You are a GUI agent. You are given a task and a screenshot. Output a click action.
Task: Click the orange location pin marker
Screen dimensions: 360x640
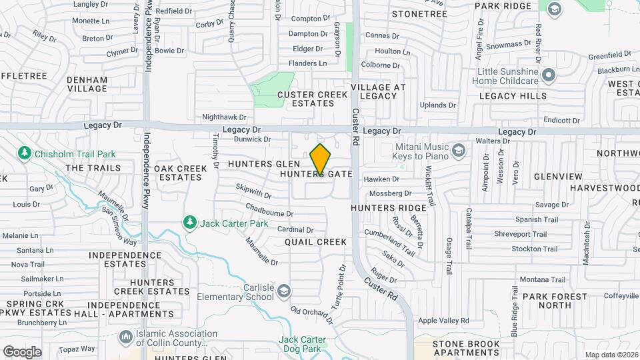[x=321, y=159]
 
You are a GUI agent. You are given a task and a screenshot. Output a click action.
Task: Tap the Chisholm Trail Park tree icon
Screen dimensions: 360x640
[x=25, y=153]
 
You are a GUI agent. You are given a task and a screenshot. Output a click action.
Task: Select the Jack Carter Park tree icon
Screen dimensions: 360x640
[x=190, y=221]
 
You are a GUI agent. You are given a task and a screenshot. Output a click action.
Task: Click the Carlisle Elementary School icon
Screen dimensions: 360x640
[x=284, y=291]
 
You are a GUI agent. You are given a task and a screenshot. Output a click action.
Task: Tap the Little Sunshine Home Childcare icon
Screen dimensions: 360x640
[x=549, y=75]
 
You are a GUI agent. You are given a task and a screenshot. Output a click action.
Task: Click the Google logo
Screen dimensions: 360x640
[x=22, y=352]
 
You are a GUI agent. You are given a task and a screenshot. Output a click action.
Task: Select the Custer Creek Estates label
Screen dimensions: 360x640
[x=306, y=99]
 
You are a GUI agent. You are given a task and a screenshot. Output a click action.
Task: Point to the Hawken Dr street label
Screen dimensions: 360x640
[x=381, y=179]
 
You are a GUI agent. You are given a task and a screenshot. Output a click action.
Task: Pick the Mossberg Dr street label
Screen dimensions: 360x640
[x=386, y=193]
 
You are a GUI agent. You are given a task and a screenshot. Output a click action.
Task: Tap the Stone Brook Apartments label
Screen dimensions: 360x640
[x=466, y=348]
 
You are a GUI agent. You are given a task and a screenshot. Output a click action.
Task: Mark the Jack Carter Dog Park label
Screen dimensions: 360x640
[x=303, y=344]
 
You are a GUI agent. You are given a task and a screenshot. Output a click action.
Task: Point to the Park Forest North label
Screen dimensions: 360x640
[x=555, y=301]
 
